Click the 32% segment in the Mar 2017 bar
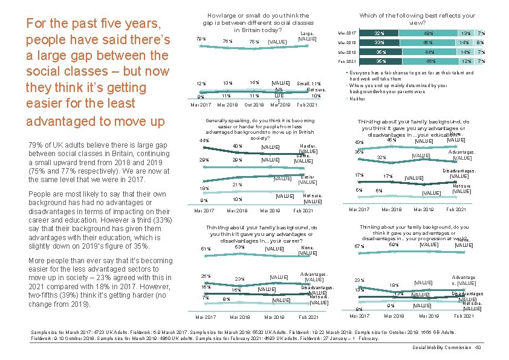[x=380, y=33]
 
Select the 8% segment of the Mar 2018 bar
[x=479, y=43]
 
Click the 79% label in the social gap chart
[x=201, y=39]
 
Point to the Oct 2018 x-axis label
[x=253, y=105]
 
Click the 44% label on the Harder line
[x=204, y=140]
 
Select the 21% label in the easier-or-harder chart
[x=238, y=185]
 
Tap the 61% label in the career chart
[x=205, y=249]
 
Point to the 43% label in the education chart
[x=359, y=143]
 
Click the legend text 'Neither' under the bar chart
[x=358, y=99]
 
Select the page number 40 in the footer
[x=478, y=347]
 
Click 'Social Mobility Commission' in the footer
[x=441, y=347]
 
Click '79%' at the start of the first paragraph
[x=36, y=146]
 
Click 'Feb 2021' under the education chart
[x=456, y=209]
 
